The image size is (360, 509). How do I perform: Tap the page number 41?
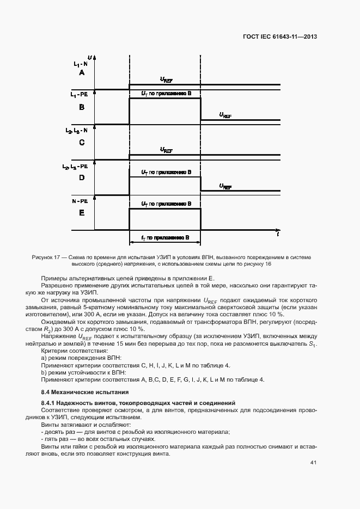pos(313,462)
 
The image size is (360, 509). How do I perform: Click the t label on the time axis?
pos(278,235)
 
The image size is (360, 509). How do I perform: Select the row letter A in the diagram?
pos(82,72)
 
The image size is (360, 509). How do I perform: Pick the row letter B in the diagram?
pos(82,107)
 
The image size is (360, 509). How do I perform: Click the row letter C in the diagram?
pos(82,143)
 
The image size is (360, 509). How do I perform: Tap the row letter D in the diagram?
pos(82,177)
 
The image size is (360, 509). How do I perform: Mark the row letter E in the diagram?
pos(82,213)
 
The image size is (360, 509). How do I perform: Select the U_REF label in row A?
pos(166,79)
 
